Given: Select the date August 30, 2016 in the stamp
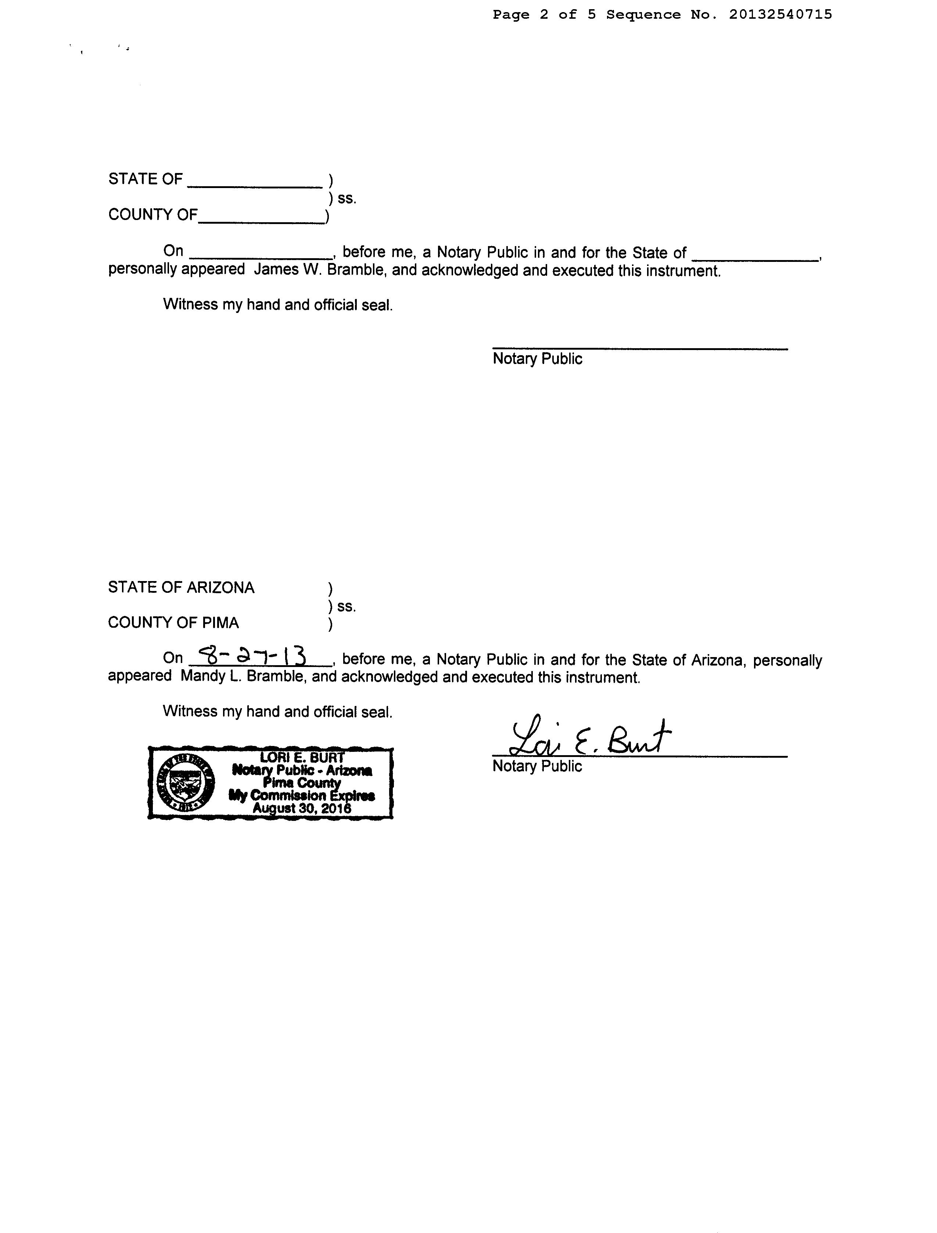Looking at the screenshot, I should [302, 808].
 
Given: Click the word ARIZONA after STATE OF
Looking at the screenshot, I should [220, 588].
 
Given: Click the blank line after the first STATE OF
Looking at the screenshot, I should [255, 185].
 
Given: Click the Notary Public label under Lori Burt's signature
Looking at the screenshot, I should [537, 767].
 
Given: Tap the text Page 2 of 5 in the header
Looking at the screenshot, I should [544, 14].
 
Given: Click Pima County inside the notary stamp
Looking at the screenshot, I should [302, 783].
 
